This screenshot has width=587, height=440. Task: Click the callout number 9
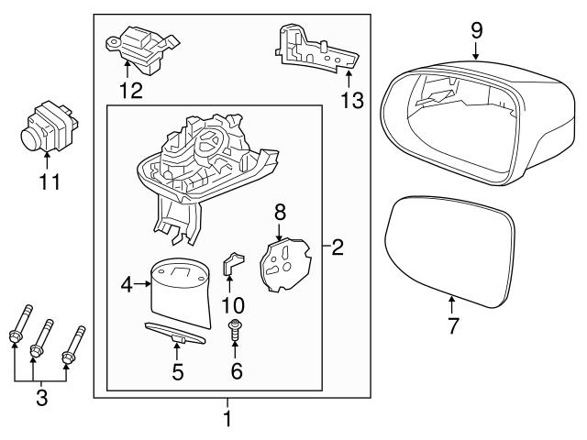click(476, 29)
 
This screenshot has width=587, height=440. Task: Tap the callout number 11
click(49, 181)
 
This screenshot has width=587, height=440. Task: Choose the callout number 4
click(127, 285)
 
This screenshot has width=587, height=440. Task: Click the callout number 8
click(281, 212)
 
